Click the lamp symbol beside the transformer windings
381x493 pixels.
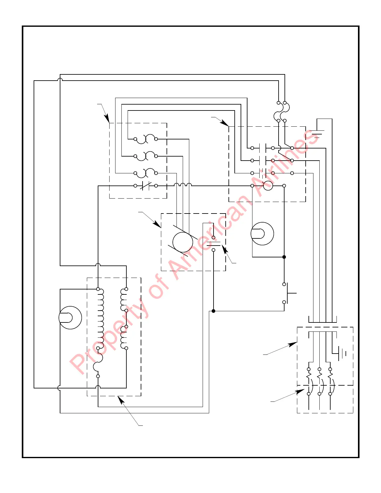coord(70,318)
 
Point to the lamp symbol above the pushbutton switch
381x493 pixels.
coord(262,233)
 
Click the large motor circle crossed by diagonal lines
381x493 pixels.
coord(183,242)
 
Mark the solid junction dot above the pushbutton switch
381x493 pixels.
coord(284,257)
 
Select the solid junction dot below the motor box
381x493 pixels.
coord(213,311)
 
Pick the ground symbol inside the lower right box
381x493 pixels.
coord(341,354)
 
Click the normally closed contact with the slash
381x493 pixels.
coord(146,186)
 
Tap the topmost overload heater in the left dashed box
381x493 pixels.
coord(146,139)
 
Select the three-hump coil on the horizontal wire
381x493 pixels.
coord(183,185)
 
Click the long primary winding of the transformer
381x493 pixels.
coord(100,319)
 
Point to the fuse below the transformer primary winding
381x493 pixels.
coord(98,362)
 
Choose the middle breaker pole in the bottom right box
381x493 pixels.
coord(319,381)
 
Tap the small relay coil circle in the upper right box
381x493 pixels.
coord(268,186)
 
